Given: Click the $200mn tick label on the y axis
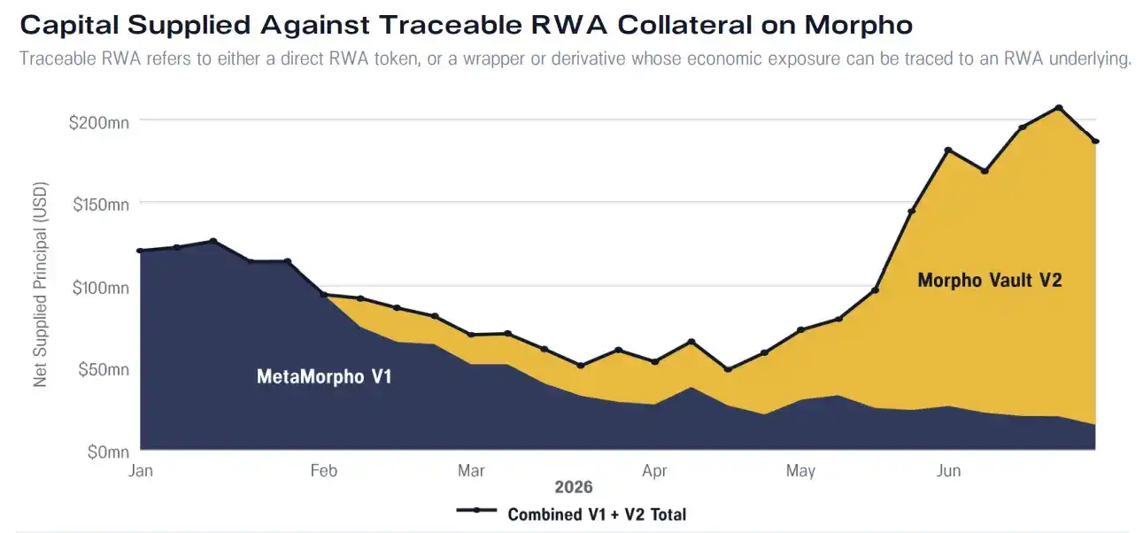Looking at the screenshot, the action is pos(99,123).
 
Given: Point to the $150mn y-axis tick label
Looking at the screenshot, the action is pos(101,205).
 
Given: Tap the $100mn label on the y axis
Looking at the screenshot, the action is pos(101,288).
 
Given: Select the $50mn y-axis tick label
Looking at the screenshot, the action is pos(104,369).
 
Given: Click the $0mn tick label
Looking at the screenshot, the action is pos(108,452).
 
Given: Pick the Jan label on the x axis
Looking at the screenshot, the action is pos(140,470).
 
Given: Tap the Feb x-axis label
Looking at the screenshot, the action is pos(323,470).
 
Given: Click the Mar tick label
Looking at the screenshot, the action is pos(471,470).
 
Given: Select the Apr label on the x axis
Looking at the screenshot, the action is pos(654,470).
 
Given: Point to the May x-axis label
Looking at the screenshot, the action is pos(800,470).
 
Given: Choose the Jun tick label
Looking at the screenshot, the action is pos(948,470).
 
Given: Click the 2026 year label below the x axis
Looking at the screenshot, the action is pos(574,487).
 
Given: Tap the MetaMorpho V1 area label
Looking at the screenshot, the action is pos(324,377).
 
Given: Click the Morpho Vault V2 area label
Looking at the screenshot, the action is pos(990,280).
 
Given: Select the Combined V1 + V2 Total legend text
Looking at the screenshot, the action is pos(597,514).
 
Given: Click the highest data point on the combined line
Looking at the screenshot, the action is pos(1059,108).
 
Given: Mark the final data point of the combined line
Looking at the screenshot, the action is pos(1095,142).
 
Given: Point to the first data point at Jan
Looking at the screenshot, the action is pos(140,251).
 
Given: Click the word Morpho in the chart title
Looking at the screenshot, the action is pos(858,26).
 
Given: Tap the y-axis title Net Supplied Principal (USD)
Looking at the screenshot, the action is pos(41,284).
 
